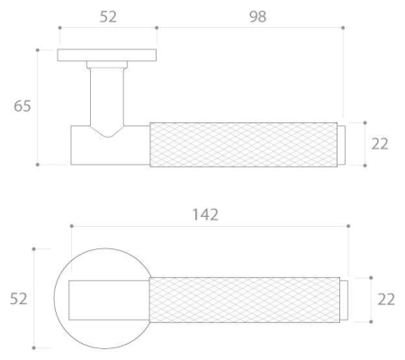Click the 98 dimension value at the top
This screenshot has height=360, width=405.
[x=257, y=16]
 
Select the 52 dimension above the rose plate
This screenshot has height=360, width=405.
[x=108, y=16]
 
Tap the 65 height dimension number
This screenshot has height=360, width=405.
[x=22, y=106]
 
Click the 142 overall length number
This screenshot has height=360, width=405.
[x=205, y=215]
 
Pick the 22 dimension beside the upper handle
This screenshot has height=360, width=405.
[x=380, y=144]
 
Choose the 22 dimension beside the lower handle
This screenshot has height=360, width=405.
[x=386, y=300]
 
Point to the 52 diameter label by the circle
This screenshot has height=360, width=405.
[x=19, y=299]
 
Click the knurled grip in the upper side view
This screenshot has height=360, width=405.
[x=244, y=145]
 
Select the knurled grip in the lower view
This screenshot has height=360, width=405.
[x=245, y=300]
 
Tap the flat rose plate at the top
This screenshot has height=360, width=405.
[x=107, y=55]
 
